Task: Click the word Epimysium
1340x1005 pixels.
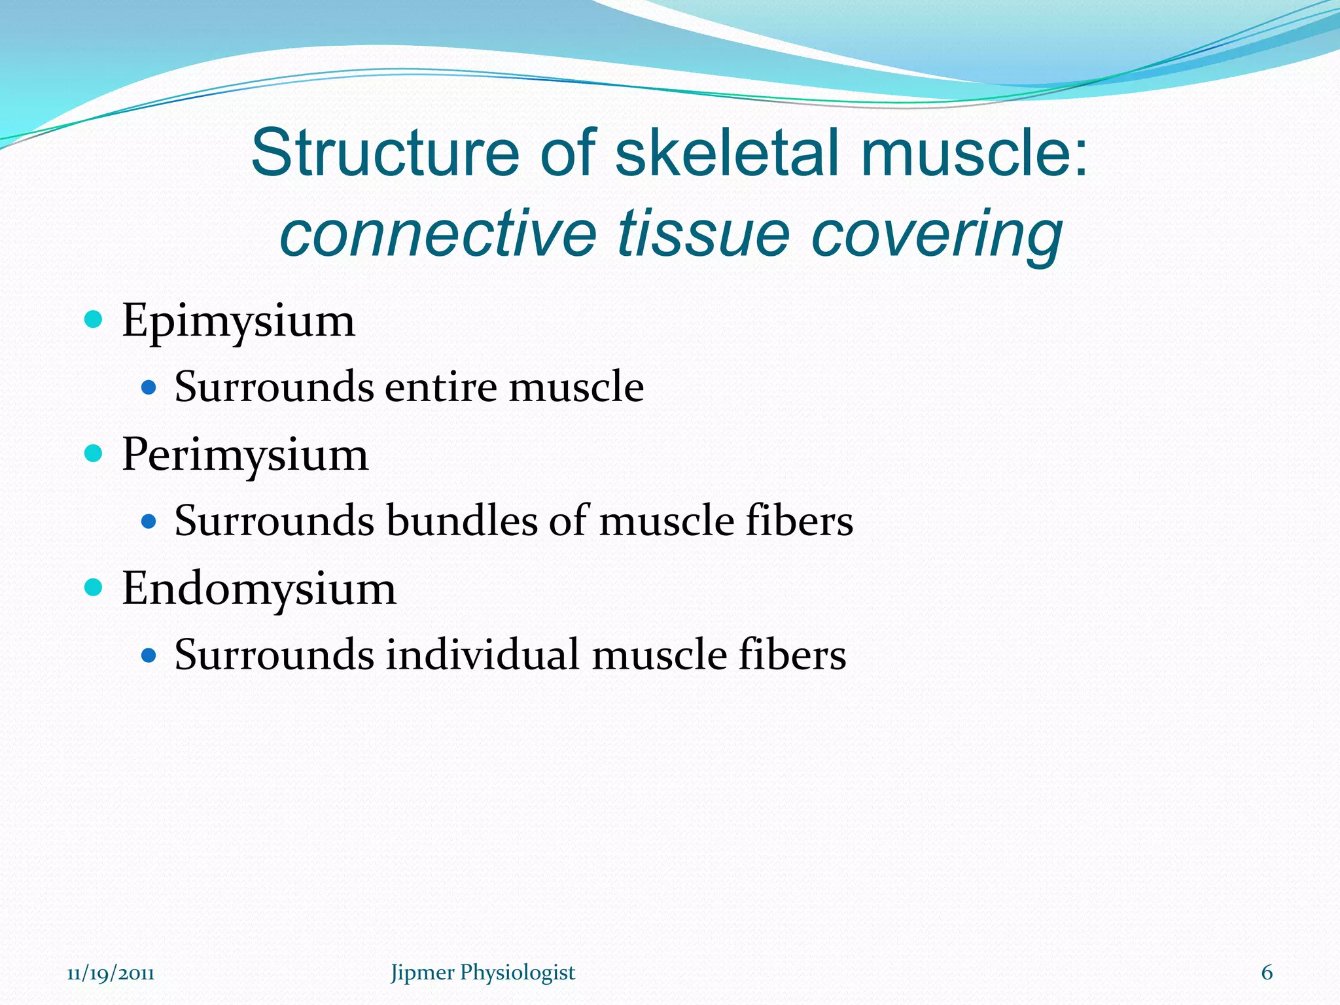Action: point(238,322)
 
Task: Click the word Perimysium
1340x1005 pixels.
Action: point(245,455)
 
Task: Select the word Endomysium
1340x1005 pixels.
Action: point(259,589)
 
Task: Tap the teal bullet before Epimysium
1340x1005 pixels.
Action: point(94,319)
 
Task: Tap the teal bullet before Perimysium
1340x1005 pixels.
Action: point(94,453)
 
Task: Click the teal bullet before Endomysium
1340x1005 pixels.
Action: point(94,587)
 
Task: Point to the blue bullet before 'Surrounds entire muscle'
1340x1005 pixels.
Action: point(149,388)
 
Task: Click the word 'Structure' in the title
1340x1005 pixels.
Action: point(385,153)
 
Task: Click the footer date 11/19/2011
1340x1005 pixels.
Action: point(111,973)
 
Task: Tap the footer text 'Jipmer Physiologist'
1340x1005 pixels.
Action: point(483,972)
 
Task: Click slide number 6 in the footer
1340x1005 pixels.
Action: point(1267,972)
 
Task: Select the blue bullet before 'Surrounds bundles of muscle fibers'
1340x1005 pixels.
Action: point(149,521)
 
